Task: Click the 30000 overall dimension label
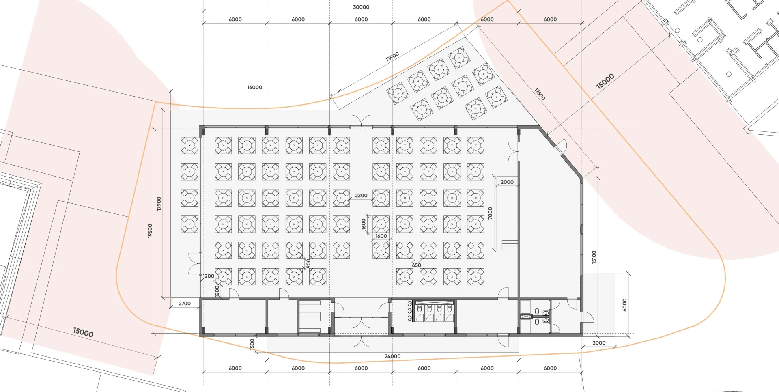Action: point(361,7)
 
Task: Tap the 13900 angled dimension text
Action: point(392,56)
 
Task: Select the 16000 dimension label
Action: point(255,87)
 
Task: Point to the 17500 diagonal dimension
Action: point(540,94)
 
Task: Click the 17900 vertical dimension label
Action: point(159,204)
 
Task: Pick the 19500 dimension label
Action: point(150,231)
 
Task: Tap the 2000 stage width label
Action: point(507,182)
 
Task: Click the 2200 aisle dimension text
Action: point(361,195)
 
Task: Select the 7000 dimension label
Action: point(490,213)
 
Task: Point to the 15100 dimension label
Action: point(594,257)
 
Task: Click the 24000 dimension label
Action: point(392,356)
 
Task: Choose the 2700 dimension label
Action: point(185,303)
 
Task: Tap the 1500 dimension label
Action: point(252,344)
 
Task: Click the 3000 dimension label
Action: point(599,342)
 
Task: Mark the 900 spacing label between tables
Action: point(308,263)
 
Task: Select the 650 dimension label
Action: point(417,265)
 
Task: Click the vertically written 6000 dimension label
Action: point(624,305)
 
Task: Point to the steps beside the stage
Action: point(510,245)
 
